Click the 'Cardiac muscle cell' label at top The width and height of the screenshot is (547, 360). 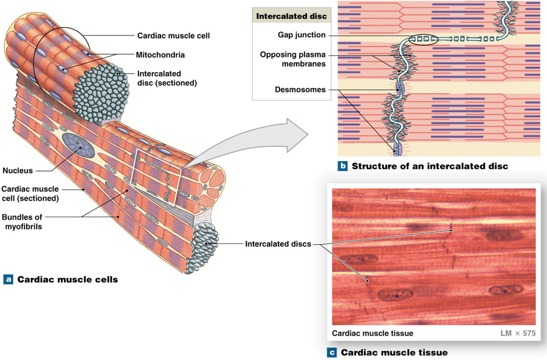173,35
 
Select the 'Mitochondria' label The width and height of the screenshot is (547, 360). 160,55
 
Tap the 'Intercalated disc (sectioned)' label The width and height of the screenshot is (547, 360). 167,79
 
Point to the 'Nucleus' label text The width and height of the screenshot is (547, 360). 17,171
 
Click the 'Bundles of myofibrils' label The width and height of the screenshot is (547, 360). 22,222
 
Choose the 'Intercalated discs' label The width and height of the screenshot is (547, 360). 278,244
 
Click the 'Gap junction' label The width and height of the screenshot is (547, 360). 301,35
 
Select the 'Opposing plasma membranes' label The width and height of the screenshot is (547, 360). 292,59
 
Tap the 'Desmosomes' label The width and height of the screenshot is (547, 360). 300,90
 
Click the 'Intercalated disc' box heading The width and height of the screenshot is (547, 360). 291,16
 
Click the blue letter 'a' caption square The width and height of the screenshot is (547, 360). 8,279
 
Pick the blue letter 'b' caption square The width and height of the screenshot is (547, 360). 343,166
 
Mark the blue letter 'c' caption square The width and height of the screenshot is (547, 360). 332,352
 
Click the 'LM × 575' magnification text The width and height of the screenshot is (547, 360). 517,333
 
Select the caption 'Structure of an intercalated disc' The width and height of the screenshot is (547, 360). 430,166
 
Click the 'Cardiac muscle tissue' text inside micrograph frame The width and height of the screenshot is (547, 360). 372,333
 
